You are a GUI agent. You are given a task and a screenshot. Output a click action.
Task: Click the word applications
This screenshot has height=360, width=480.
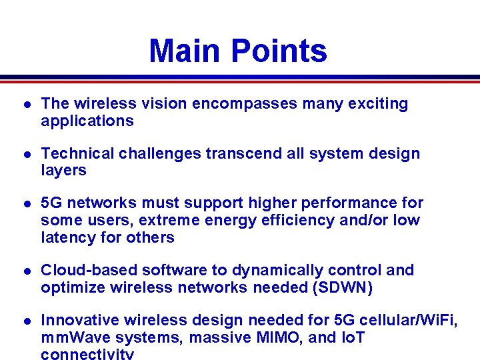coord(87,121)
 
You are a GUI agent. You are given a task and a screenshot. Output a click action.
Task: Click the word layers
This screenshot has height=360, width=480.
coord(63,171)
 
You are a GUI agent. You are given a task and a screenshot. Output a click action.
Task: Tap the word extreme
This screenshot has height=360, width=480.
coord(154,221)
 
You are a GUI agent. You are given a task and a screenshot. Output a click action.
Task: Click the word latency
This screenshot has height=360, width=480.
coord(67,238)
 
